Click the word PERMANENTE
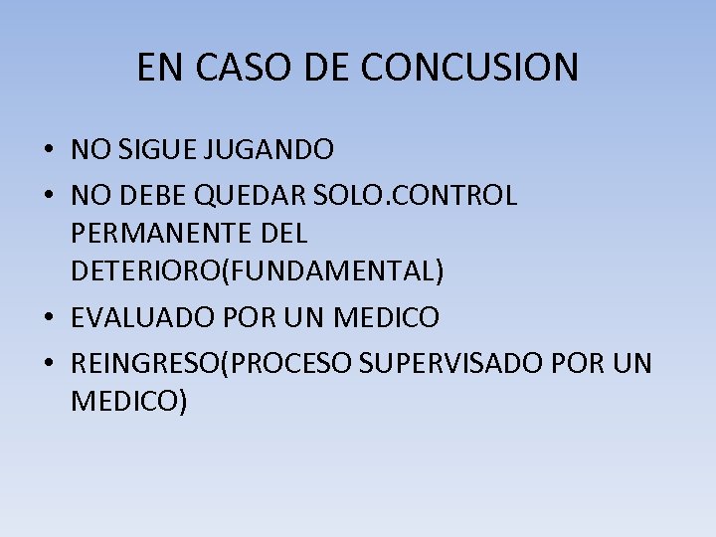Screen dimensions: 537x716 coord(161,235)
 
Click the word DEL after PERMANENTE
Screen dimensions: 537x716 coord(282,235)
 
